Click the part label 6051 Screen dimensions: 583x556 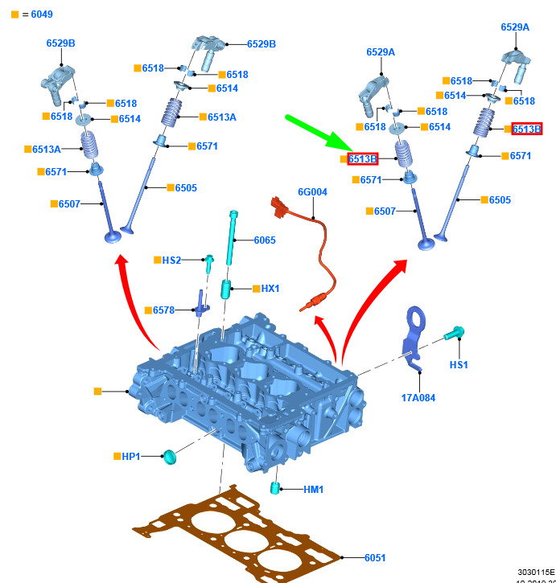pyautogui.click(x=376, y=558)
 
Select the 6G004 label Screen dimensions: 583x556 pyautogui.click(x=312, y=192)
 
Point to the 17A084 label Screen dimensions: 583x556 pyautogui.click(x=419, y=397)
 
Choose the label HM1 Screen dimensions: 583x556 pyautogui.click(x=313, y=489)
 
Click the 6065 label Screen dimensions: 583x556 pyautogui.click(x=265, y=240)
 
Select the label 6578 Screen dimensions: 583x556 pyautogui.click(x=163, y=310)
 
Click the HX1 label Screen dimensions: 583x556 pyautogui.click(x=270, y=288)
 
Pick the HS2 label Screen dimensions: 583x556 pyautogui.click(x=171, y=261)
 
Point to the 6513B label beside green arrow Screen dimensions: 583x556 pyautogui.click(x=363, y=159)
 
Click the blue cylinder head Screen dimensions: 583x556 pyautogui.click(x=249, y=386)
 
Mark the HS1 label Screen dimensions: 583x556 pyautogui.click(x=459, y=364)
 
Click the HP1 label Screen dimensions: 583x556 pyautogui.click(x=131, y=457)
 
